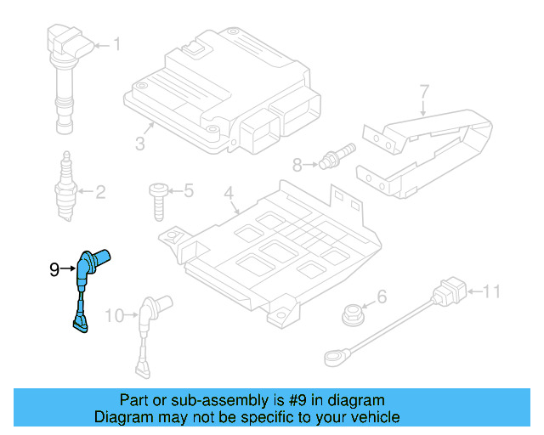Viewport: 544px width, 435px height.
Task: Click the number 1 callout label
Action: tap(117, 44)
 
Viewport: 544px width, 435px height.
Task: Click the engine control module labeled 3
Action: tap(221, 89)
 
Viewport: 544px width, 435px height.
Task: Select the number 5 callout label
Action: tap(189, 191)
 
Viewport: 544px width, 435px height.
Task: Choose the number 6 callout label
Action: tap(382, 297)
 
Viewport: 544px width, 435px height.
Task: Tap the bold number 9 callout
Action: tap(54, 270)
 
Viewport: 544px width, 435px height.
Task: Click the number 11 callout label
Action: tap(492, 293)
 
